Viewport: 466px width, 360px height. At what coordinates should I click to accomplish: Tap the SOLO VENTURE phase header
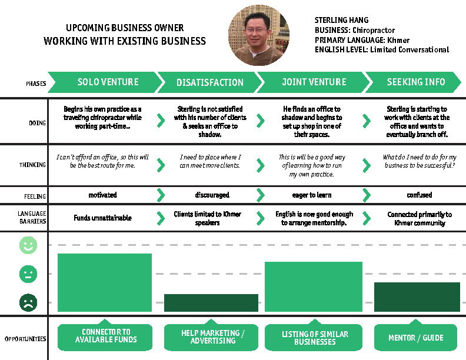(x=104, y=82)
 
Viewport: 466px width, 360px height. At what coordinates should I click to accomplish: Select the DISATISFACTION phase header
(x=209, y=82)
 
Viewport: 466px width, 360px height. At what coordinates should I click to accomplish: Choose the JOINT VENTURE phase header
(x=309, y=82)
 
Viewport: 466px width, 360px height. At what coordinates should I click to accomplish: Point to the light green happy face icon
(x=28, y=246)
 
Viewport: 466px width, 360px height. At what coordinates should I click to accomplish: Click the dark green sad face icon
(x=28, y=302)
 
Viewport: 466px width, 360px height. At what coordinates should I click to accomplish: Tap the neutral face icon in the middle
(x=28, y=274)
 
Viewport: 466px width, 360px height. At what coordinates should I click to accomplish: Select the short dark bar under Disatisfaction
(x=211, y=302)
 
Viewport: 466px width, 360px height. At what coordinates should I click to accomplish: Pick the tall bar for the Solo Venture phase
(x=104, y=282)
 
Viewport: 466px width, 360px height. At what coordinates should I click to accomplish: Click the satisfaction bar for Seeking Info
(x=417, y=296)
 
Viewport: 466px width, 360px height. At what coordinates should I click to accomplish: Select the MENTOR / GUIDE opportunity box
(x=416, y=338)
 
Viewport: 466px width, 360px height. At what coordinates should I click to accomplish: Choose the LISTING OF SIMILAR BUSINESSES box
(x=315, y=338)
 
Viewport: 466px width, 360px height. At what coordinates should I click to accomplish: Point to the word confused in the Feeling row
(x=419, y=195)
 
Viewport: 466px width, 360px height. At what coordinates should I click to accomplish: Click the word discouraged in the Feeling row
(x=212, y=195)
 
